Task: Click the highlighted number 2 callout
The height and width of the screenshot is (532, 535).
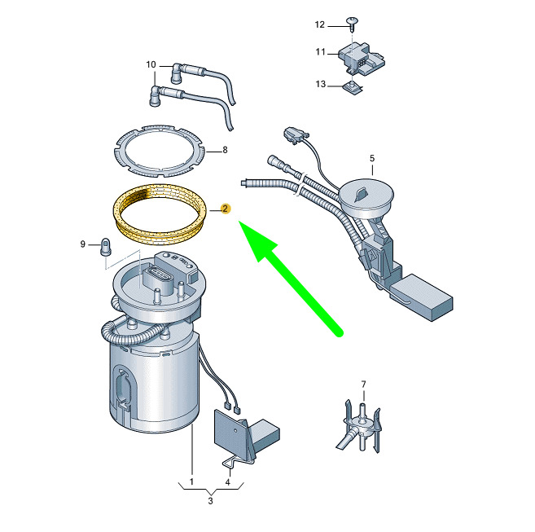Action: [x=225, y=209]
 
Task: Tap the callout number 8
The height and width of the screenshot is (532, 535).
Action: [x=225, y=150]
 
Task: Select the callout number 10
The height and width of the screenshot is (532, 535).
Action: [x=151, y=64]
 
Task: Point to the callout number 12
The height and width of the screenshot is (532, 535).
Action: [x=320, y=24]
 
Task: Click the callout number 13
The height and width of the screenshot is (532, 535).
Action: [x=321, y=84]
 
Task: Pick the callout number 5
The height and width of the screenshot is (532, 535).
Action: [x=372, y=158]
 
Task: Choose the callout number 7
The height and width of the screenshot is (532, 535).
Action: [x=363, y=385]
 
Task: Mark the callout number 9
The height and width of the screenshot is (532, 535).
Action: [x=82, y=244]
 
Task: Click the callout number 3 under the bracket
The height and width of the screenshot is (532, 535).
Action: [x=211, y=501]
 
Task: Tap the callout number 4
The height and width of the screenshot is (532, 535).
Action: [x=227, y=482]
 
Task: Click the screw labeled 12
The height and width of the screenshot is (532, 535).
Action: [x=352, y=24]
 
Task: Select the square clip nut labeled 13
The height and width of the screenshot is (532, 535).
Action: [x=353, y=88]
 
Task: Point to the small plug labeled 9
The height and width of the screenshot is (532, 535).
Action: [x=105, y=247]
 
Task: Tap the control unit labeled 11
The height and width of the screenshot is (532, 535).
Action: [x=362, y=59]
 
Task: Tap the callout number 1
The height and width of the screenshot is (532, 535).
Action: [x=191, y=481]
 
